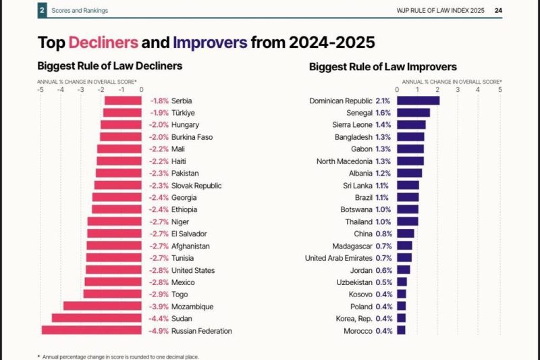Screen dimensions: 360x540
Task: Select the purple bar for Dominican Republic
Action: (418, 101)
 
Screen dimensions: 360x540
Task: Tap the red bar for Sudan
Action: (97, 318)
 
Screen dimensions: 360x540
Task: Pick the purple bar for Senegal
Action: (413, 113)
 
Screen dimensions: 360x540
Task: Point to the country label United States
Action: (193, 270)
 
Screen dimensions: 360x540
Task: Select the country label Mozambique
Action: (192, 307)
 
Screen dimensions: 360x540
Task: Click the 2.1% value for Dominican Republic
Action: (383, 101)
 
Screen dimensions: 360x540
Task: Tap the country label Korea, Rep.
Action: (354, 318)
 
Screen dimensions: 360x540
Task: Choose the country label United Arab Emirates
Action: (338, 258)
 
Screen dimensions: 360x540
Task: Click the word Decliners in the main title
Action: (107, 43)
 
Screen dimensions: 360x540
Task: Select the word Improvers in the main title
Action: (210, 43)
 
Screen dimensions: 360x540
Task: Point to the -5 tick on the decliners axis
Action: (40, 88)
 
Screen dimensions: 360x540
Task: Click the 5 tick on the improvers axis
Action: (500, 88)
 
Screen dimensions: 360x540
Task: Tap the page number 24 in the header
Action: (497, 10)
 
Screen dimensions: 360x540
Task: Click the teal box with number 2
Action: (42, 10)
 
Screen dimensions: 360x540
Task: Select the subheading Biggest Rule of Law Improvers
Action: (383, 67)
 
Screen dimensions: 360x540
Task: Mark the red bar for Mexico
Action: (113, 282)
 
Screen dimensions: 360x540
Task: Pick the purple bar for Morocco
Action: (401, 330)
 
